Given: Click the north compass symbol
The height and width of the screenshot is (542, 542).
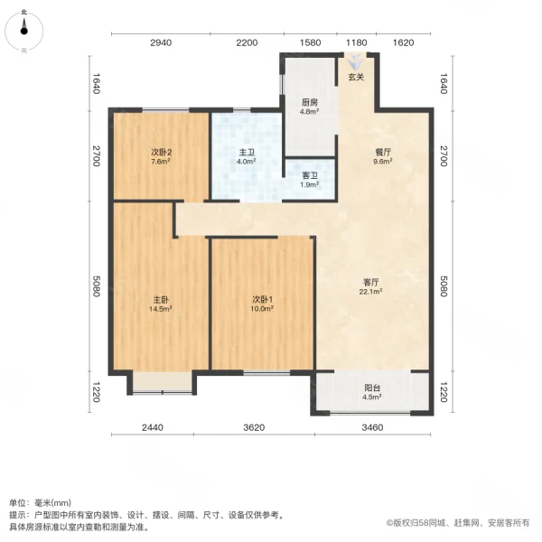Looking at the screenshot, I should coord(23,30).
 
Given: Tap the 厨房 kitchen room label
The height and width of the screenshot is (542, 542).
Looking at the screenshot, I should coord(307,102).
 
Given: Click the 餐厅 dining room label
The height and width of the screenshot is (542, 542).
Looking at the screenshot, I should coord(383,153).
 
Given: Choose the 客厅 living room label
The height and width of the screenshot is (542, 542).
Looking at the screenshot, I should coord(370,281).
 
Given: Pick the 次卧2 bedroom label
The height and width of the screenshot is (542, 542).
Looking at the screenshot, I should coord(162,153).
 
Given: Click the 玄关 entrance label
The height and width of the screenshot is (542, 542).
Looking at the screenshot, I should coord(356,78).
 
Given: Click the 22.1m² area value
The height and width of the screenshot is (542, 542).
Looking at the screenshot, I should coord(370,292).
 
